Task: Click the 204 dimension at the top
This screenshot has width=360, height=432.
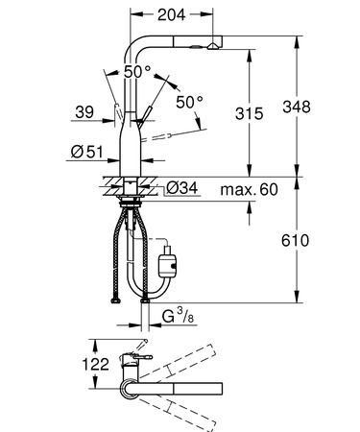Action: pos(173,14)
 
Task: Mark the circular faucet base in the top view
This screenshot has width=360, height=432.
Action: pos(127,386)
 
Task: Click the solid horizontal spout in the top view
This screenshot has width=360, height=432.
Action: pos(182,387)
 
